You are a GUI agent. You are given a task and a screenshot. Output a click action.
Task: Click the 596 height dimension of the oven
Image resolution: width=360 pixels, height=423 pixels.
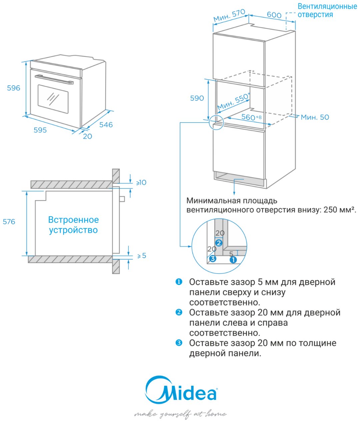(14, 88)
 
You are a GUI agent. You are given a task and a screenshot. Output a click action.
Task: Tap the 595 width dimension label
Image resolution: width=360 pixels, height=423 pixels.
(40, 130)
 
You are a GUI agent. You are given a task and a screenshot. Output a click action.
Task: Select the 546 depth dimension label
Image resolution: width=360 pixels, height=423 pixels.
(106, 125)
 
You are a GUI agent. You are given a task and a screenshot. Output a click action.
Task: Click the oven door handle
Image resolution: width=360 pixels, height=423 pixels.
(54, 79)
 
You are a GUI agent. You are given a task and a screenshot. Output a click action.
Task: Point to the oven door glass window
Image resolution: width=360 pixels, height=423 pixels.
(53, 99)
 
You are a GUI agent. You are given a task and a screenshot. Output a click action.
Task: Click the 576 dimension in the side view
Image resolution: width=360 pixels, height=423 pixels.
(9, 221)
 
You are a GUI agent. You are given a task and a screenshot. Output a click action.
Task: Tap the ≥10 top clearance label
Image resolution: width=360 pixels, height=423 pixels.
(141, 182)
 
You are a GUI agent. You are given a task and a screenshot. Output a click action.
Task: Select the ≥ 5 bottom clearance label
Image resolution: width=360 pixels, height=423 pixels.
(142, 255)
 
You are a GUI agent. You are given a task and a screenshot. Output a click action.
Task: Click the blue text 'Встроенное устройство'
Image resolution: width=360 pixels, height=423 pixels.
(74, 225)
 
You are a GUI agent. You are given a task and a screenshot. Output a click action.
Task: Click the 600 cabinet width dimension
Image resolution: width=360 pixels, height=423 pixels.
(274, 15)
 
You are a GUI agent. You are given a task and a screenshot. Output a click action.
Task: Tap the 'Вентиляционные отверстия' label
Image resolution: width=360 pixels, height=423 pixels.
(327, 10)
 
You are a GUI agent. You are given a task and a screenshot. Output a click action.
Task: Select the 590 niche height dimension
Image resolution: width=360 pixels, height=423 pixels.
(197, 98)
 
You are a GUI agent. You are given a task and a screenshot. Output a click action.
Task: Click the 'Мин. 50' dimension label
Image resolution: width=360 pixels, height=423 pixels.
(315, 117)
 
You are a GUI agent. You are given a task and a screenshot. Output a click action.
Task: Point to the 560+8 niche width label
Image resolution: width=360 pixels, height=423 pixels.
(251, 117)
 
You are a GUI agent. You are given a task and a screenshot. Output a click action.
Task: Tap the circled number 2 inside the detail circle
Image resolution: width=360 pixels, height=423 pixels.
(219, 243)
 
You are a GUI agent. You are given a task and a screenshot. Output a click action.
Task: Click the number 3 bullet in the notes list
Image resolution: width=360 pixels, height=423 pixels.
(179, 343)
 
